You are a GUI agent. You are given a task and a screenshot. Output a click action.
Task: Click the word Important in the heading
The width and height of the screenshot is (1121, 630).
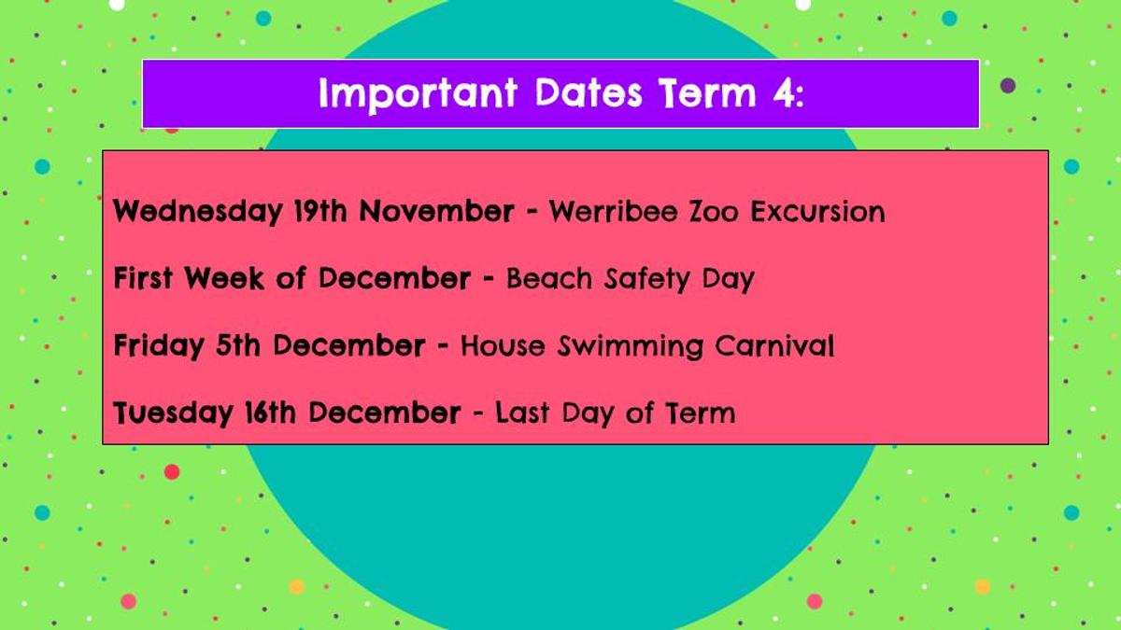(x=418, y=94)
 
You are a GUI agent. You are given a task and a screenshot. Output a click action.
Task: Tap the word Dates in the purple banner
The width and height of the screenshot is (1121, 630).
(x=589, y=92)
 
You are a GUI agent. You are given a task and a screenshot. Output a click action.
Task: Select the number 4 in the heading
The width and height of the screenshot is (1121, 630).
(x=783, y=92)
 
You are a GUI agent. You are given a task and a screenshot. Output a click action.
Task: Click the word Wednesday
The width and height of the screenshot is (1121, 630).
(x=198, y=212)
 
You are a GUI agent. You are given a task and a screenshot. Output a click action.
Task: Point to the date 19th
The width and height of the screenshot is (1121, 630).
(x=320, y=211)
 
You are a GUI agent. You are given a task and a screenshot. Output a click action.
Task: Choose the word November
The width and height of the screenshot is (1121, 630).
(x=437, y=211)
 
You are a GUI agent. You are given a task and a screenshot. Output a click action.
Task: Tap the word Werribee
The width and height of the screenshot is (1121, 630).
(x=614, y=211)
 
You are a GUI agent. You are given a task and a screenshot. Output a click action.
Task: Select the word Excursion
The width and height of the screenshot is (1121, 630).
(x=817, y=212)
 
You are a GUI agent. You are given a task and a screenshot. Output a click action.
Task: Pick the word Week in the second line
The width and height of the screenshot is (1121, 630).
(x=224, y=278)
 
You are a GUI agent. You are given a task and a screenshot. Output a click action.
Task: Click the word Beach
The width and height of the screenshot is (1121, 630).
(x=549, y=278)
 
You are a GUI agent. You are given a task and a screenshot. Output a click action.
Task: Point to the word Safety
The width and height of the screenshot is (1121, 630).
(x=647, y=279)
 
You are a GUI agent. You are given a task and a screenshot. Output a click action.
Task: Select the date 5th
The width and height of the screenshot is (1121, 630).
(x=237, y=345)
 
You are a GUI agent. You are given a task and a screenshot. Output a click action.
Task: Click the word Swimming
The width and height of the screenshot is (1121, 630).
(x=631, y=346)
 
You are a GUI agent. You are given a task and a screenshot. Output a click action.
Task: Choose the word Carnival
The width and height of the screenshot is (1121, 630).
(x=774, y=345)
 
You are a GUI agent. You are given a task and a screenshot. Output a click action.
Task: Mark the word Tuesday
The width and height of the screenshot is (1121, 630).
(x=173, y=413)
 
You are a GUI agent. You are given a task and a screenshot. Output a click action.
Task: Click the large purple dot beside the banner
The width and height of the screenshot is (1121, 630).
(x=1008, y=86)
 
